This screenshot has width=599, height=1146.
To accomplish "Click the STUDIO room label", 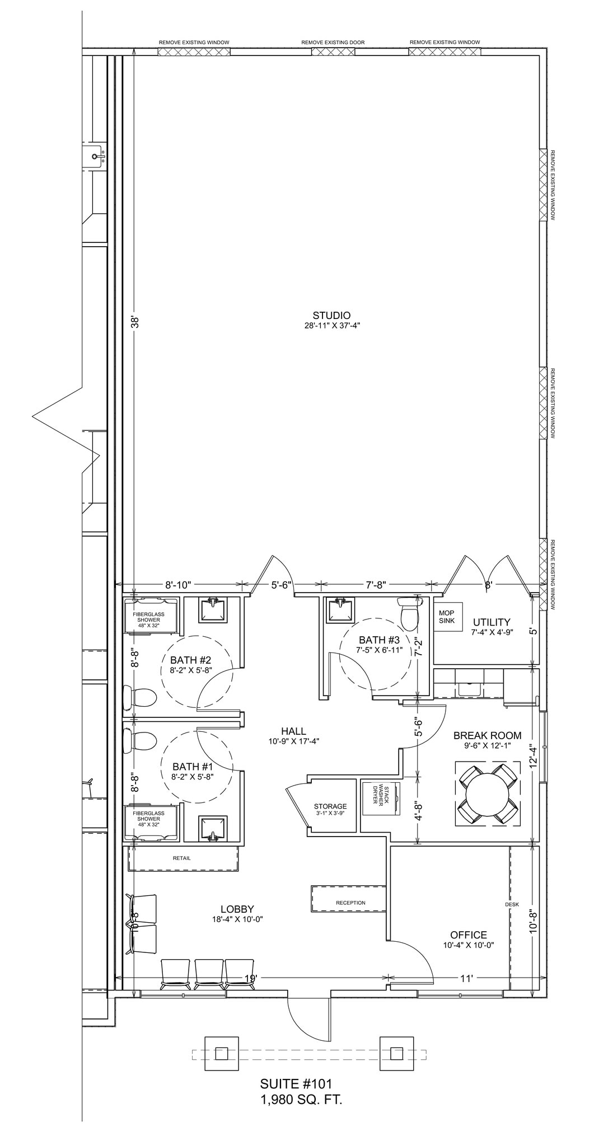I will click(x=331, y=315).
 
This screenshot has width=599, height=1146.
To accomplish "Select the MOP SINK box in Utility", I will click(x=447, y=617).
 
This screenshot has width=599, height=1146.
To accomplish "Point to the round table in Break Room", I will click(x=488, y=793).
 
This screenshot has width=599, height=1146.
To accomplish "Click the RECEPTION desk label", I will click(x=350, y=903).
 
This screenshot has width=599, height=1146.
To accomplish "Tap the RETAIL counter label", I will click(x=181, y=858).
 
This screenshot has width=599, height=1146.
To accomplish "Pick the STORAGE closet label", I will click(x=330, y=806).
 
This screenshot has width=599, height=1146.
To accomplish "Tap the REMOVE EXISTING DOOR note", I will click(x=333, y=43).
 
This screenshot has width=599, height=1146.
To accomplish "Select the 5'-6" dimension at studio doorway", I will click(x=282, y=585).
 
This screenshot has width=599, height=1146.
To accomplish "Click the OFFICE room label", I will click(x=469, y=934).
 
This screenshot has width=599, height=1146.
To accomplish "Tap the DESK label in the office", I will click(x=512, y=904).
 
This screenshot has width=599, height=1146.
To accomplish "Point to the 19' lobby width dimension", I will click(x=251, y=978).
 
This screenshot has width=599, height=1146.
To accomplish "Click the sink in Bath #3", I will click(x=340, y=609).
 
